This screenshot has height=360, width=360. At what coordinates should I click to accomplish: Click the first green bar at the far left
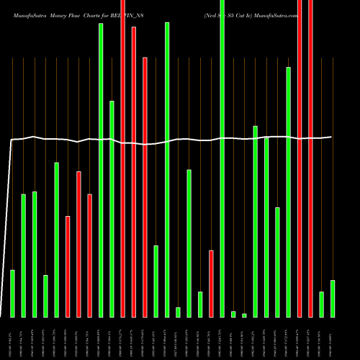12,293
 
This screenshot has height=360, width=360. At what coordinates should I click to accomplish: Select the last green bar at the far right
333,298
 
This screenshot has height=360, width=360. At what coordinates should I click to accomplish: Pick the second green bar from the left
23,255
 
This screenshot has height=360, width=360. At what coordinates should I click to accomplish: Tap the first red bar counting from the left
68,266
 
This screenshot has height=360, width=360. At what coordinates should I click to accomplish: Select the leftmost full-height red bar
123,158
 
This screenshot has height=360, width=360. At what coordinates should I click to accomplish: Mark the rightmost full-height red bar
310,158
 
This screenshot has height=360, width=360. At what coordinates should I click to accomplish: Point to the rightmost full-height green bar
222,158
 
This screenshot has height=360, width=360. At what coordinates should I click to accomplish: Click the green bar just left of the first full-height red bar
112,209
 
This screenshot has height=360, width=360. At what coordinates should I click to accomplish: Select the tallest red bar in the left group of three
78,244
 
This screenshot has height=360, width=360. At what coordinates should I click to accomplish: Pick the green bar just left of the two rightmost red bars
289,192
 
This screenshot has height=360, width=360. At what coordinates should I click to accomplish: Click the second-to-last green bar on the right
322,304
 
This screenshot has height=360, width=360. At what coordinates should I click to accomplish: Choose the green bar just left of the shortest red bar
200,304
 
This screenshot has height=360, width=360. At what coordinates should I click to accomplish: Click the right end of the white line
331,137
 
